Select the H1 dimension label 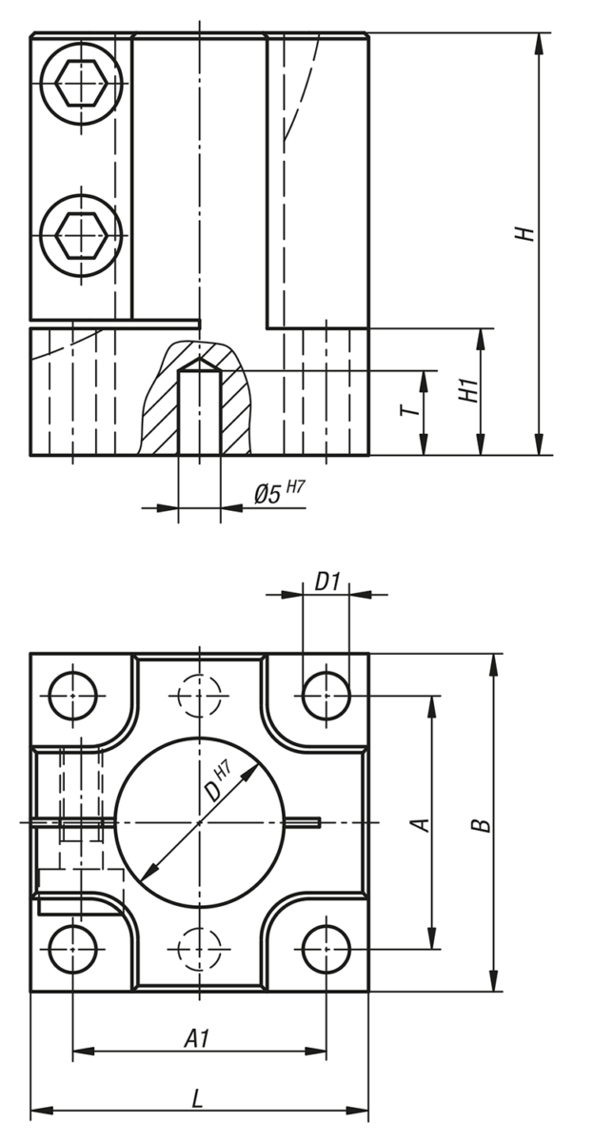click(x=466, y=390)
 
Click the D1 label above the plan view click(x=327, y=580)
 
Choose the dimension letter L click(x=197, y=1098)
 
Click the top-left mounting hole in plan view click(x=73, y=696)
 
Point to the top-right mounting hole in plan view click(x=327, y=696)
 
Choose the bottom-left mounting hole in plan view click(x=73, y=949)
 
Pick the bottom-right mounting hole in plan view click(x=327, y=949)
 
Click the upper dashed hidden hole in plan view click(x=200, y=696)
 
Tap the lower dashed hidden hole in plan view click(x=200, y=949)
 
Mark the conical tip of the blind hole click(x=200, y=364)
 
